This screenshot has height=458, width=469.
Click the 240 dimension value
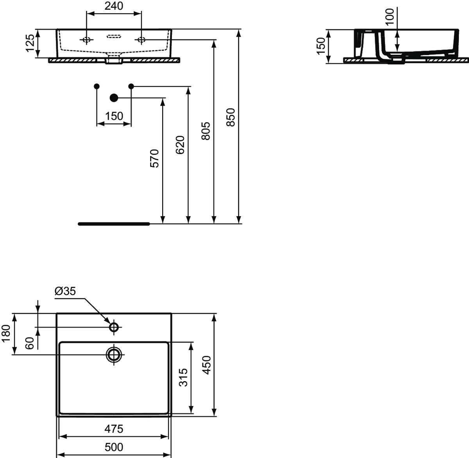pyautogui.click(x=114, y=6)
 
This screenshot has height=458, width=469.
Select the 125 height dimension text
pyautogui.click(x=30, y=43)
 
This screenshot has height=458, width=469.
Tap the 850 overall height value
pyautogui.click(x=231, y=117)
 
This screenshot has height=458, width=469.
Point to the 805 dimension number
pyautogui.click(x=206, y=131)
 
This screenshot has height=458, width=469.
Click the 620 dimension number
pyautogui.click(x=180, y=145)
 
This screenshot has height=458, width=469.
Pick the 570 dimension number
pyautogui.click(x=154, y=158)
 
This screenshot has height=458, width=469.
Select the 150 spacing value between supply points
pyautogui.click(x=114, y=116)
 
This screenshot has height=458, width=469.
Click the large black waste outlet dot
pyautogui.click(x=114, y=98)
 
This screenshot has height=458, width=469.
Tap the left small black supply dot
pyautogui.click(x=97, y=86)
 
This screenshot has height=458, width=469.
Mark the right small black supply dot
pyautogui.click(x=131, y=86)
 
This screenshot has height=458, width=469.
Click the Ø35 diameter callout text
pyautogui.click(x=65, y=291)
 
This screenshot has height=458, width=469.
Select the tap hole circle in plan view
pyautogui.click(x=114, y=327)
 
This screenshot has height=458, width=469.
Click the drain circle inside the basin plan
pyautogui.click(x=114, y=355)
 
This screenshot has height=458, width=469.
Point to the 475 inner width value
pyautogui.click(x=114, y=429)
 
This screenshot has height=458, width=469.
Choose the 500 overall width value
pyautogui.click(x=114, y=447)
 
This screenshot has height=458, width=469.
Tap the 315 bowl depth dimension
pyautogui.click(x=184, y=377)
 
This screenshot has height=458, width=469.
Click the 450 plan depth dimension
pyautogui.click(x=206, y=365)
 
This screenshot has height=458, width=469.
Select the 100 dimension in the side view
pyautogui.click(x=390, y=17)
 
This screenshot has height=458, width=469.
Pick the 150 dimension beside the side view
pyautogui.click(x=321, y=46)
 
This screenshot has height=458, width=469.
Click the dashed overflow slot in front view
pyautogui.click(x=114, y=36)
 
